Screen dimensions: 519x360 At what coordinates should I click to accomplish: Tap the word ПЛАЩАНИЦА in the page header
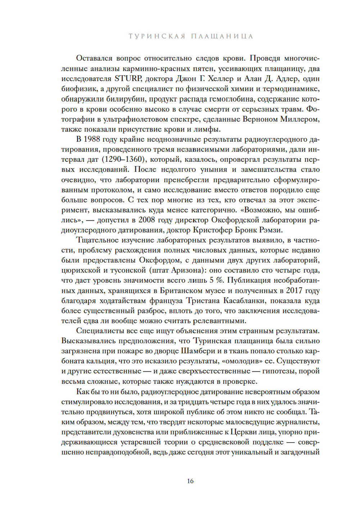click(x=222, y=36)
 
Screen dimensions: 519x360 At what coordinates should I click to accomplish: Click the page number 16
click(x=190, y=481)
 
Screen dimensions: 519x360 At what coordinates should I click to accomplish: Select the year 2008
click(x=147, y=220)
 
